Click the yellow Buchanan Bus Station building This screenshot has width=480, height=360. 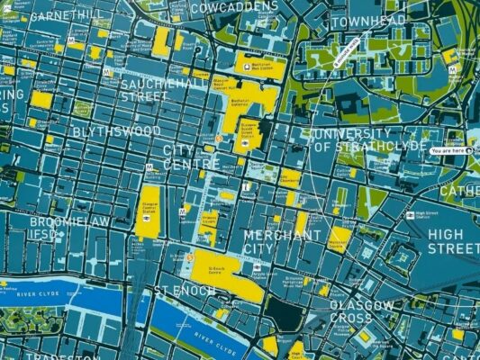[259, 65]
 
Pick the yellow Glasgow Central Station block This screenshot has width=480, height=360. [149, 211]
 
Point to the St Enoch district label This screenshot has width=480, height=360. [184, 292]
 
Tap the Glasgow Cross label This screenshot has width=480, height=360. [360, 312]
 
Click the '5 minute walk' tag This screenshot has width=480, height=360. [347, 51]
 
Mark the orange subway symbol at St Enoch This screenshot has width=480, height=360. [191, 257]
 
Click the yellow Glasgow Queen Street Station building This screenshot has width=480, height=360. [249, 134]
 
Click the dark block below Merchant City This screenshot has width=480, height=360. [286, 311]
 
